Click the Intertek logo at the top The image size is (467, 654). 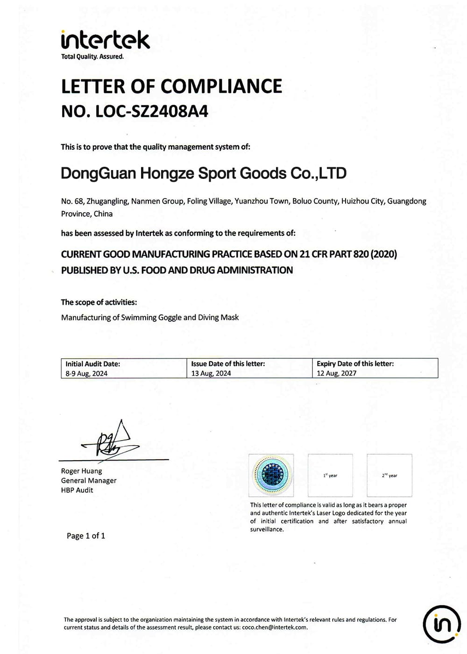point(105,40)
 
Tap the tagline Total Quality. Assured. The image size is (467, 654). point(92,57)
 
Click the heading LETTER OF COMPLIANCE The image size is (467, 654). point(171,86)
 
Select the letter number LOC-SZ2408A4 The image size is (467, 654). point(152,111)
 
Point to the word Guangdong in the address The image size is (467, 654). point(406,201)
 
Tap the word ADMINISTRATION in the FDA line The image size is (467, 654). point(255,270)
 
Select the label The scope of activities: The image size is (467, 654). point(99,302)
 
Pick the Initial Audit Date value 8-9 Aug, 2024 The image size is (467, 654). point(86,373)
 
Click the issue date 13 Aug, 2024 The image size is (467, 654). point(211,373)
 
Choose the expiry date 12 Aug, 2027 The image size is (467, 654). point(336,373)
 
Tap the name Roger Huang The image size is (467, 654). point(81,471)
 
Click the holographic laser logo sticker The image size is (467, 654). point(271,475)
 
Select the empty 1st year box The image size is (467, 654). point(330,475)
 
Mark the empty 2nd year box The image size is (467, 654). point(389,475)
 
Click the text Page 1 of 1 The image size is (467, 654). point(86,536)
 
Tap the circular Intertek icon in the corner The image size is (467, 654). point(441,624)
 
